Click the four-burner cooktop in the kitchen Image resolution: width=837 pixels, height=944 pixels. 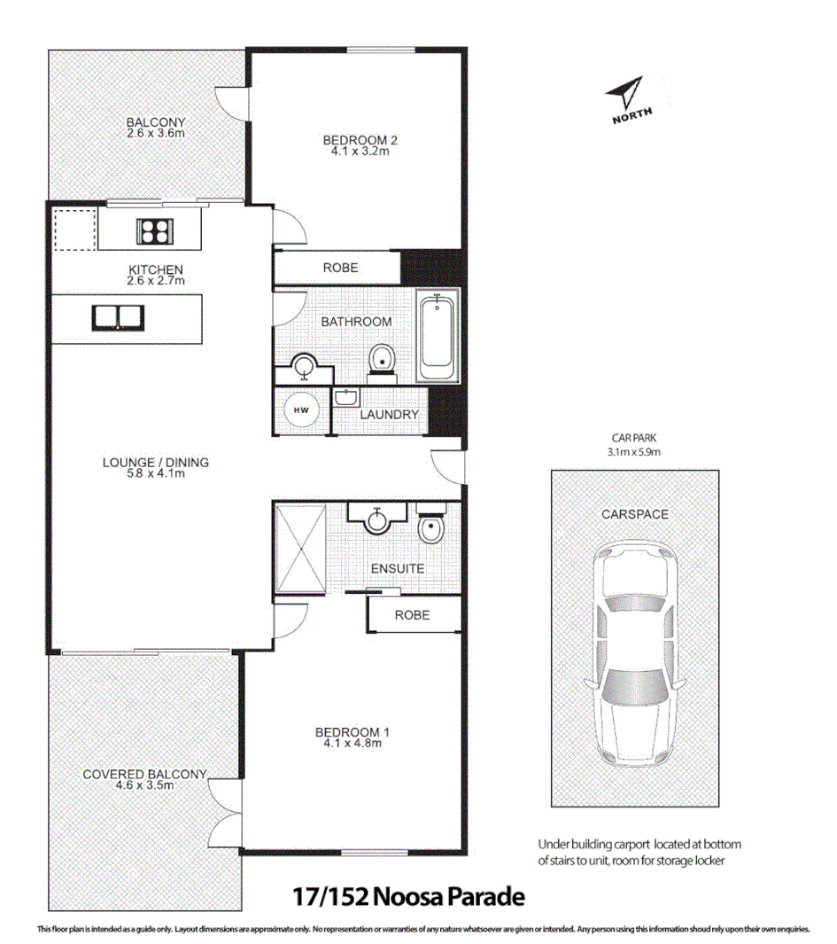[x=153, y=230]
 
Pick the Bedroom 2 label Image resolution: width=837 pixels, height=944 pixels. [x=356, y=140]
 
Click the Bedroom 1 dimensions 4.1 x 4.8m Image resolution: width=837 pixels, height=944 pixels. [x=353, y=744]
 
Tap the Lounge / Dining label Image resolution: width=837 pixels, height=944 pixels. [x=156, y=462]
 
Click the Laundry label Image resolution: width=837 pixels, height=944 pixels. [x=388, y=415]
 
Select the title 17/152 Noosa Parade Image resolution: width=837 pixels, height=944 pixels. [x=408, y=896]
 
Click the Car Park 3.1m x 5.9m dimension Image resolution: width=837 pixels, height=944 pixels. [x=633, y=451]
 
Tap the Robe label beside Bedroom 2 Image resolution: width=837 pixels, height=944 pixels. [x=340, y=268]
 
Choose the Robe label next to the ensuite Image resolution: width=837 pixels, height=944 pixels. [x=412, y=614]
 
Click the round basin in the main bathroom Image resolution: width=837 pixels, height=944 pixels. [x=304, y=366]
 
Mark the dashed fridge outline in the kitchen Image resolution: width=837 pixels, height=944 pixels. [x=73, y=230]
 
